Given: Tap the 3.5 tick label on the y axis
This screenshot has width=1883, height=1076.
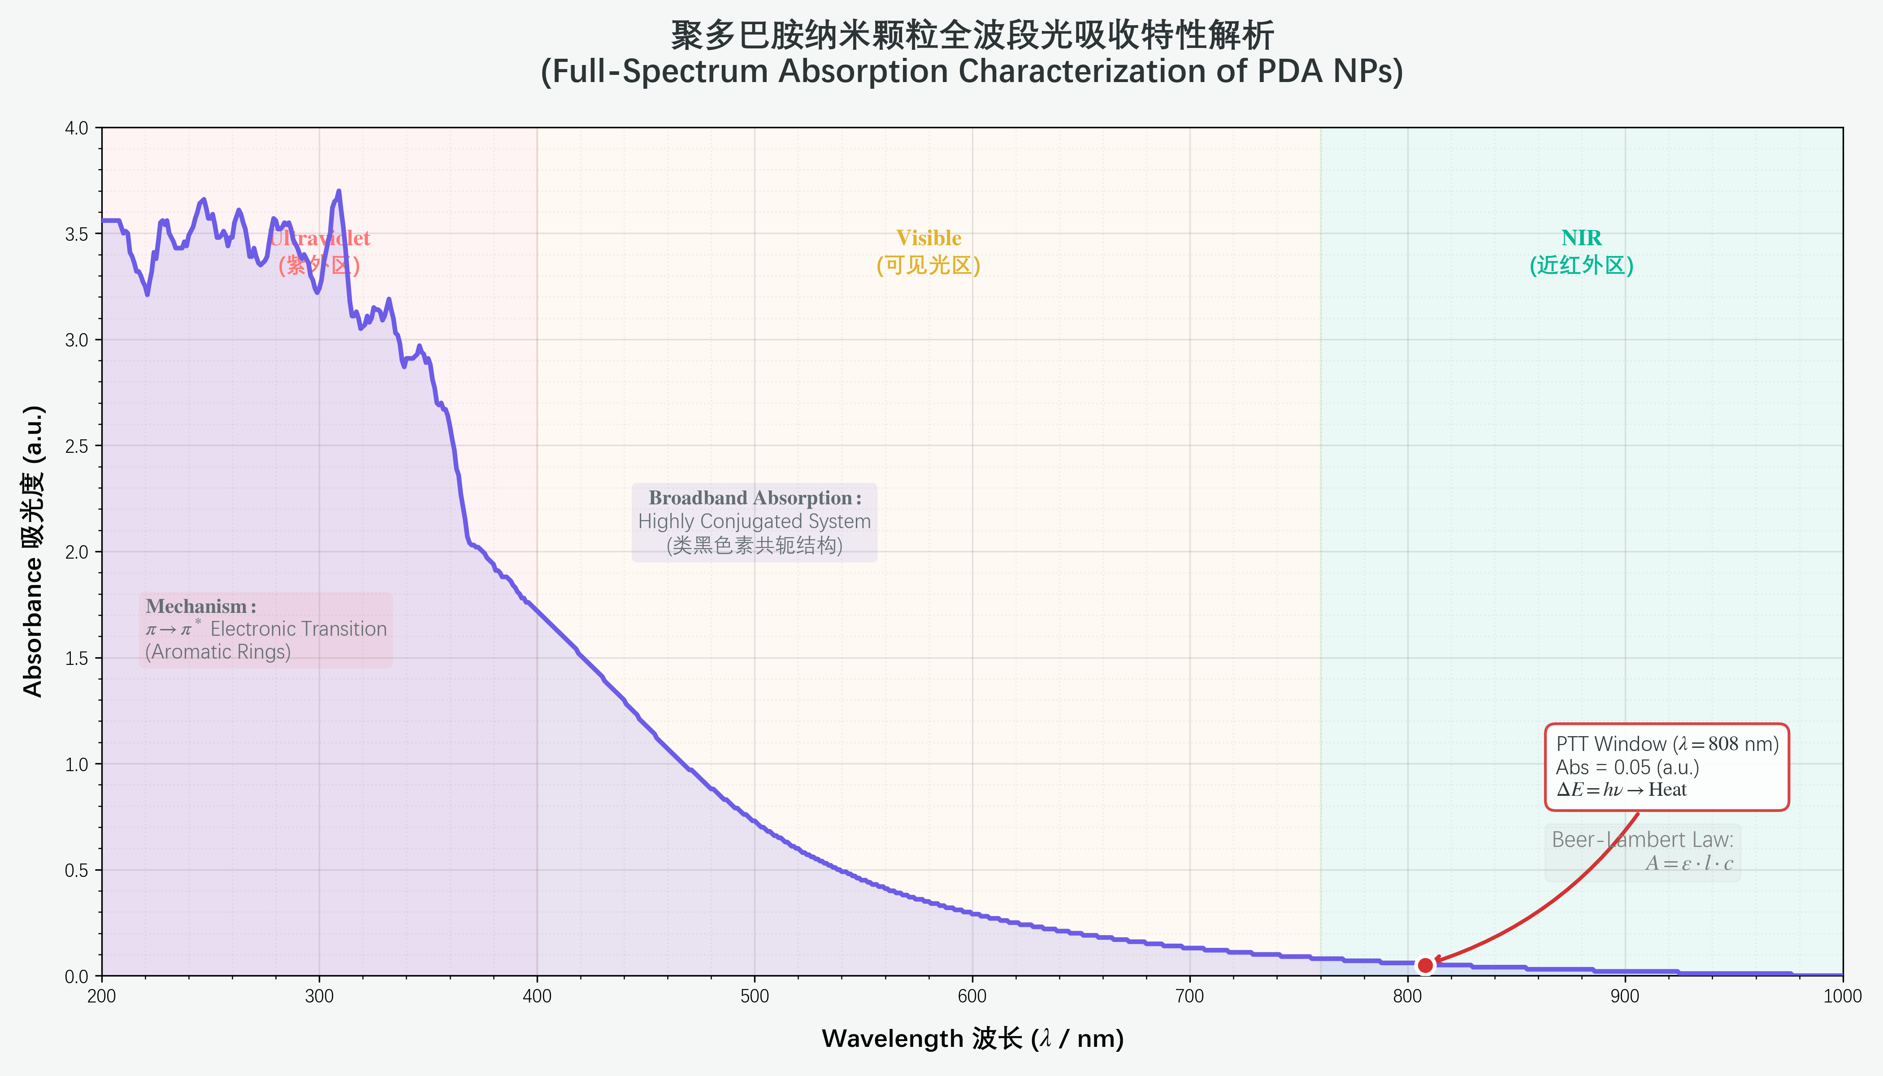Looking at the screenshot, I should (x=76, y=234).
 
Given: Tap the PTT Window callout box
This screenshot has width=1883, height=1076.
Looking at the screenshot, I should (x=1666, y=767).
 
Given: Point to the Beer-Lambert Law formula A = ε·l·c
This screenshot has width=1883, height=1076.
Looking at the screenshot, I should (x=1688, y=863).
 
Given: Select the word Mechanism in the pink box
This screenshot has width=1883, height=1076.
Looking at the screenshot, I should (x=196, y=607).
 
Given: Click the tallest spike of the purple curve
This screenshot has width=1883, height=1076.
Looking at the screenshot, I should (x=338, y=191).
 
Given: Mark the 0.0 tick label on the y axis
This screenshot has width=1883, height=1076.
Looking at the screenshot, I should (x=76, y=976).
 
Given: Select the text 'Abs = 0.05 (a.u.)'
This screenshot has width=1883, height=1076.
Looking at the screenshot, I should (x=1627, y=768).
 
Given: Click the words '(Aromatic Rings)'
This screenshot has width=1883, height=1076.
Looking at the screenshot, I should (x=218, y=652).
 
